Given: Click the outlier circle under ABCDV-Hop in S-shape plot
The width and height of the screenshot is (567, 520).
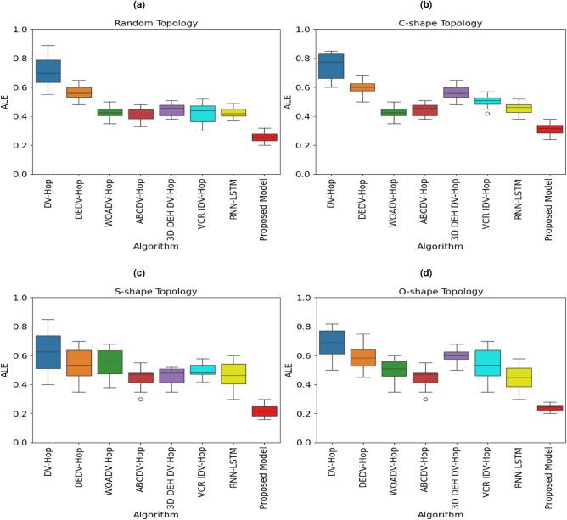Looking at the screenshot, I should tap(140, 399).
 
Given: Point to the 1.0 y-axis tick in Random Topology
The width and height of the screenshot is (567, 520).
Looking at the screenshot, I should tap(18, 30).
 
